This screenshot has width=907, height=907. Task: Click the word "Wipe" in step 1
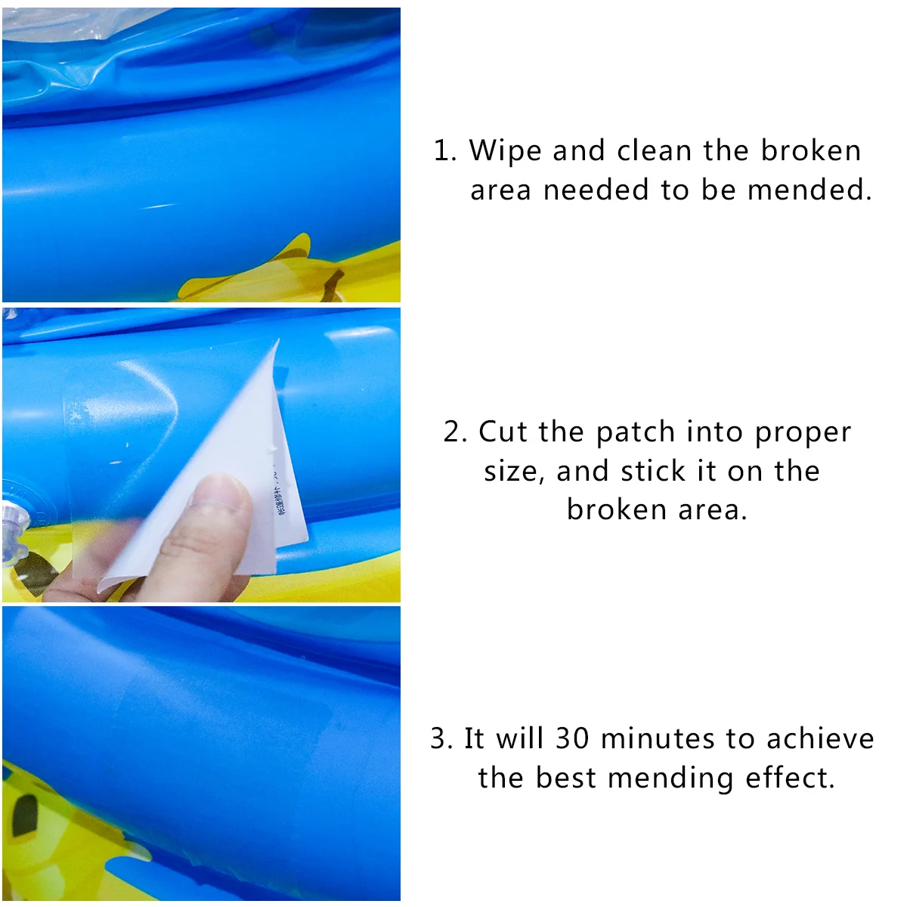coord(505,150)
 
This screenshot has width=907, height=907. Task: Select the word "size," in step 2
coord(514,472)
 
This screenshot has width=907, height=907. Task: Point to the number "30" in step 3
coord(572,738)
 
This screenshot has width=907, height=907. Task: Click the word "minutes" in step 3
coord(658,738)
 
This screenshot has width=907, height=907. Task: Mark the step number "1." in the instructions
coord(445,150)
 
